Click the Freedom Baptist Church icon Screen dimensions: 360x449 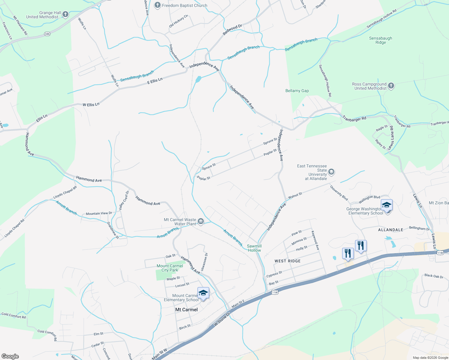pyautogui.click(x=158, y=5)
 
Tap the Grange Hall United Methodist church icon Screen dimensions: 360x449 pyautogui.click(x=65, y=14)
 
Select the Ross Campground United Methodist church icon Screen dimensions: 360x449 pyautogui.click(x=391, y=86)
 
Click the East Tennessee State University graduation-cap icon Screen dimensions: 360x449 pyautogui.click(x=331, y=172)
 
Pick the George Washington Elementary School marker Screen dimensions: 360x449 pyautogui.click(x=387, y=205)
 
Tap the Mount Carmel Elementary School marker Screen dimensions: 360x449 pyautogui.click(x=203, y=293)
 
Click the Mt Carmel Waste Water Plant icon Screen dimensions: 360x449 pyautogui.click(x=201, y=221)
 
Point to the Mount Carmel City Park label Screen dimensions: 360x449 pyautogui.click(x=170, y=268)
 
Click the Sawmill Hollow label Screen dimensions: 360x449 pyautogui.click(x=254, y=248)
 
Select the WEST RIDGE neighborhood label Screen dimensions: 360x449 pyautogui.click(x=288, y=261)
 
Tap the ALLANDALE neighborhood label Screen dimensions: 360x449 pyautogui.click(x=390, y=230)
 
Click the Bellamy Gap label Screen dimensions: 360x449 pyautogui.click(x=297, y=91)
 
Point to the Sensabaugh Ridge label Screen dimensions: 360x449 pyautogui.click(x=381, y=40)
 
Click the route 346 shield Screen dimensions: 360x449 pyautogui.click(x=47, y=34)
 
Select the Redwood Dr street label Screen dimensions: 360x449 pyautogui.click(x=232, y=30)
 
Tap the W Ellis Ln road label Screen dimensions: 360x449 pyautogui.click(x=91, y=105)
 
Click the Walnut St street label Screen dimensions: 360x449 pyautogui.click(x=295, y=196)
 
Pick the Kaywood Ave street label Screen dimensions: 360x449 pyautogui.click(x=315, y=240)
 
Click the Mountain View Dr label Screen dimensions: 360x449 pyautogui.click(x=99, y=213)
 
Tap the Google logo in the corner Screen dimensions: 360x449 pyautogui.click(x=10, y=356)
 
